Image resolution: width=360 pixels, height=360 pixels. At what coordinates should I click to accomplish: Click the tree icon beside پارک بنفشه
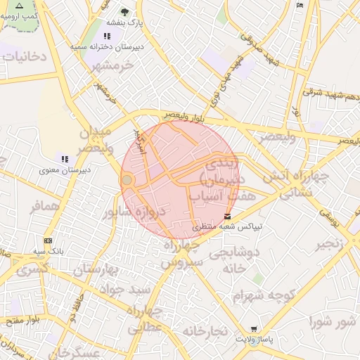[x=125, y=12]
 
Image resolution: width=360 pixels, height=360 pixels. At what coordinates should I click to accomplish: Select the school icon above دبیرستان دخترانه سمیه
[x=107, y=36]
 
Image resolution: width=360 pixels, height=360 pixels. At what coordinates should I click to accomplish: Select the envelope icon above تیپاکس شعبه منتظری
[x=227, y=216]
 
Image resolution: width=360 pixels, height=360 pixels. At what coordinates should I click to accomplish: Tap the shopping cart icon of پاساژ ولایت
[x=254, y=329]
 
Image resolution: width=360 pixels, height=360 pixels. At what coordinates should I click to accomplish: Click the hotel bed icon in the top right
[x=300, y=6]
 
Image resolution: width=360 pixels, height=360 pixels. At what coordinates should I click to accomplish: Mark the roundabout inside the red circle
[x=127, y=181]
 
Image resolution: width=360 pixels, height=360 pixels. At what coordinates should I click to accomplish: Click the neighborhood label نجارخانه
[x=205, y=330]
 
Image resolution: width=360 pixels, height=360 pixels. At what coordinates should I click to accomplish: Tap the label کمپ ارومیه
[x=22, y=14]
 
